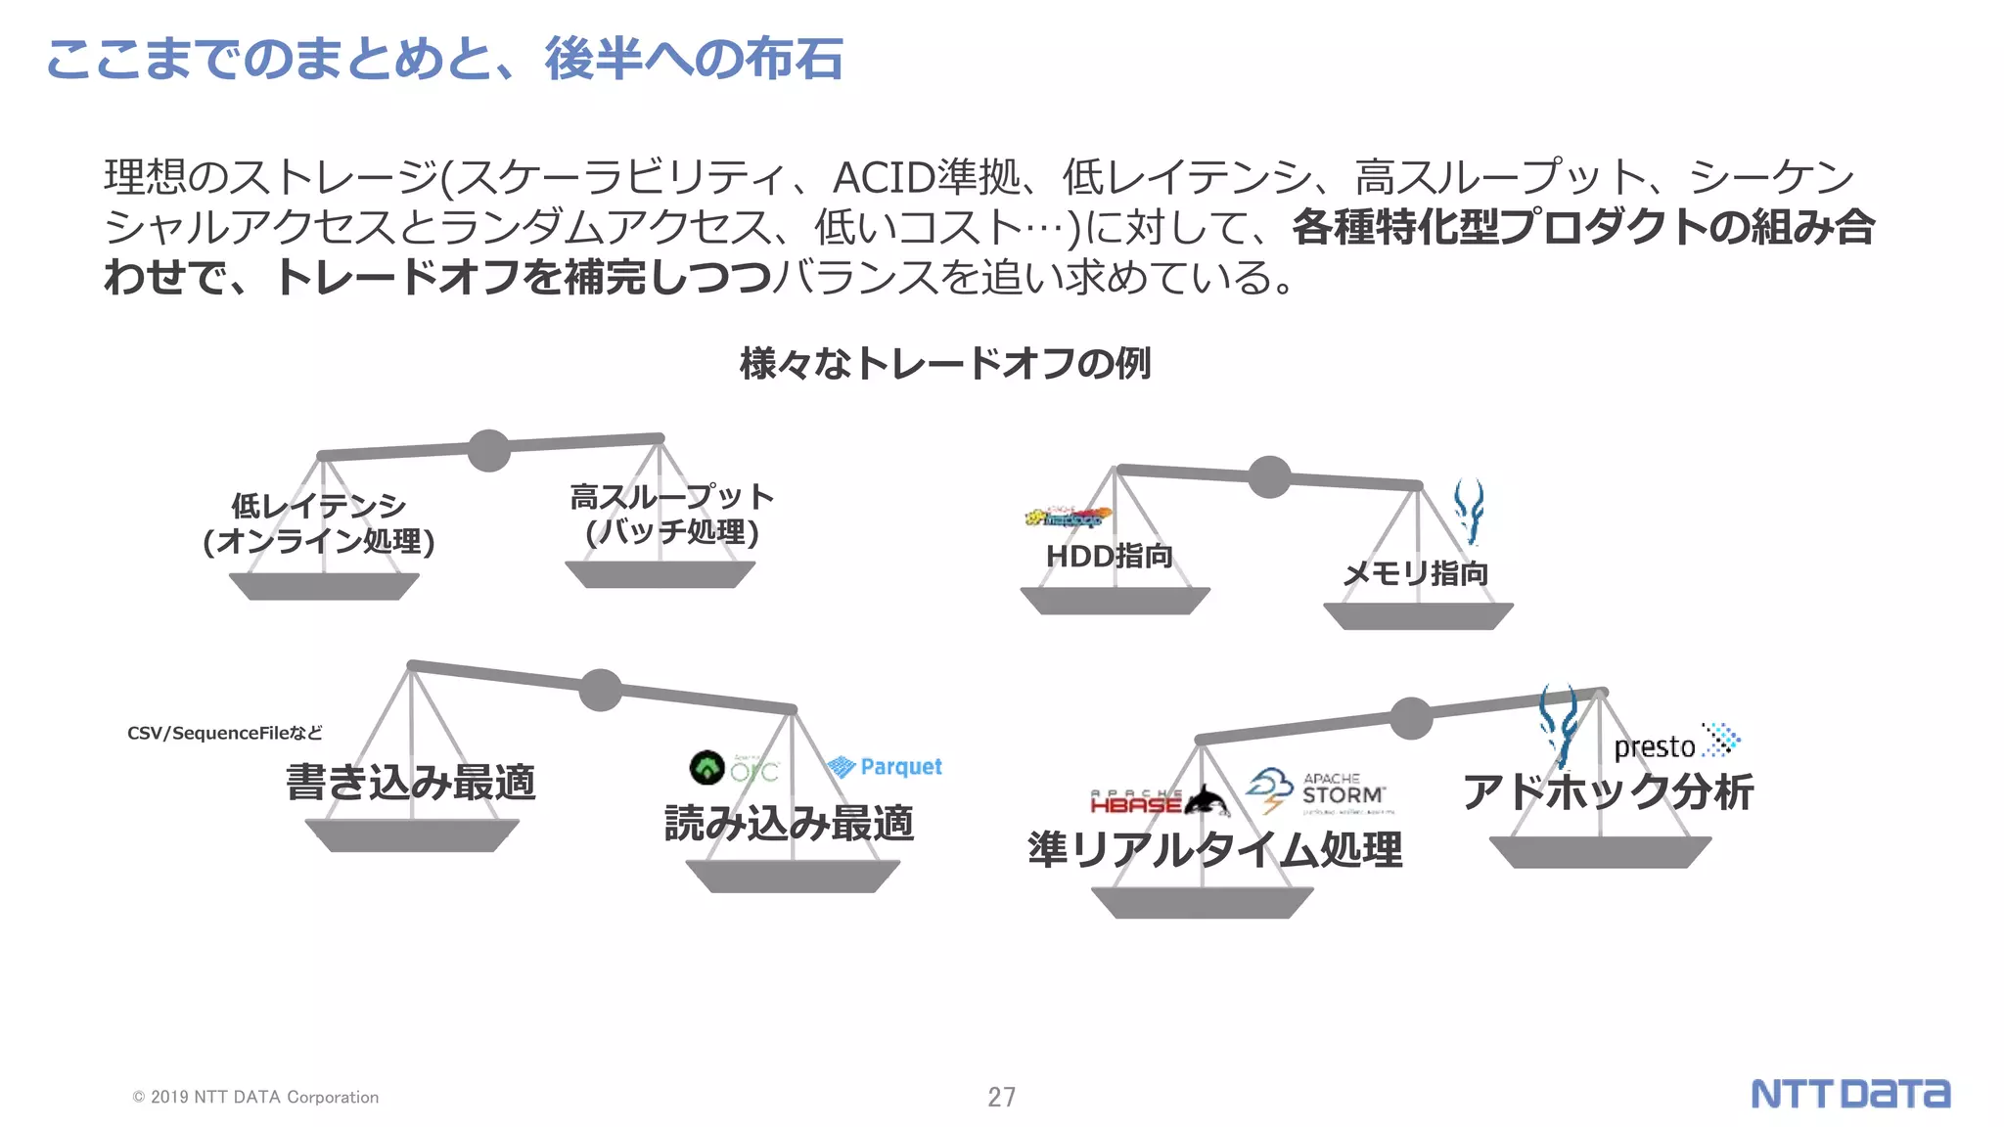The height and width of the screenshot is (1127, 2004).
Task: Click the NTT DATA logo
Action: point(1849,1094)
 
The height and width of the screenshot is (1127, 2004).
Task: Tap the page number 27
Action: point(1001,1097)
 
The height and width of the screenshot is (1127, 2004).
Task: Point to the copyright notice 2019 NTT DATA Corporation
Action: point(256,1097)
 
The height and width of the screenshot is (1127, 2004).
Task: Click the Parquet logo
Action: point(885,767)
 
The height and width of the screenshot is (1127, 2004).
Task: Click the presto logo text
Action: point(1654,747)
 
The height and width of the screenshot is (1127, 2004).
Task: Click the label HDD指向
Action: point(1109,556)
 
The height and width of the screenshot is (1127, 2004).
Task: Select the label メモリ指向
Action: point(1415,573)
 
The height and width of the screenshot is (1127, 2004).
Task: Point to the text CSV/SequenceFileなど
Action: point(224,733)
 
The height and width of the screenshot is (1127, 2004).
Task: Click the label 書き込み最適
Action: point(411,783)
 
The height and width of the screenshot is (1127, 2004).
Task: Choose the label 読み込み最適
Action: point(789,823)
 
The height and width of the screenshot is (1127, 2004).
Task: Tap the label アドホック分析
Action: point(1608,791)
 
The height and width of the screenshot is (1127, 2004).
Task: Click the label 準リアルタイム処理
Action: point(1214,849)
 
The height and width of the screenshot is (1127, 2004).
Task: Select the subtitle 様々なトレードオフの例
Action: point(945,363)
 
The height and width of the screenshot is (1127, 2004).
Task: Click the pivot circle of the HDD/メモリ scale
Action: point(1269,477)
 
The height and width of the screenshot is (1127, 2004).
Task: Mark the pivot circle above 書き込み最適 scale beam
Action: point(600,690)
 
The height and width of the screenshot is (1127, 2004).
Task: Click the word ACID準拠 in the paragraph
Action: point(926,177)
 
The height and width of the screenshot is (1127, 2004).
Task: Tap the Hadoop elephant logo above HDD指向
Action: point(1069,517)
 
